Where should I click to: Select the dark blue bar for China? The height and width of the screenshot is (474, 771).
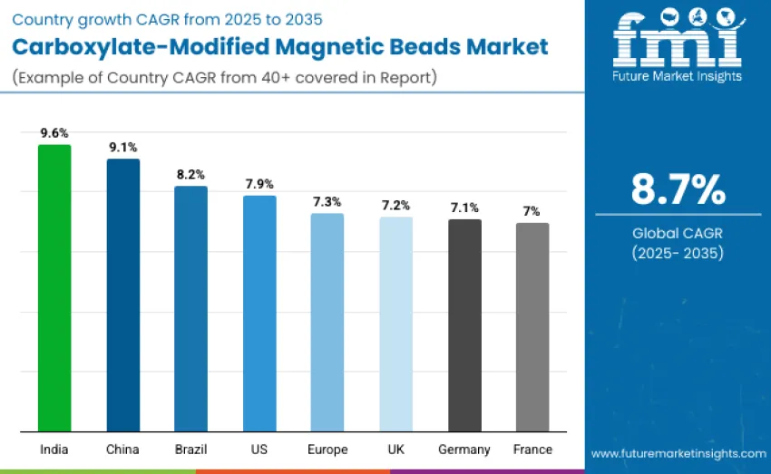coord(123,295)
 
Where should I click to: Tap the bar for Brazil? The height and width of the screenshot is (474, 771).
coord(191,308)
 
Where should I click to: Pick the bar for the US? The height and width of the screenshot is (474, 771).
coord(259,313)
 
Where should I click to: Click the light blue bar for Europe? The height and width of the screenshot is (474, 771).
coord(327,322)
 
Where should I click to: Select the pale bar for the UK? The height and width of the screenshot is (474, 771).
coord(395,324)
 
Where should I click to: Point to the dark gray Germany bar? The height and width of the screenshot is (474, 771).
coord(464,324)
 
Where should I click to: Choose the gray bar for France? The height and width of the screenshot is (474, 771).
coord(532,326)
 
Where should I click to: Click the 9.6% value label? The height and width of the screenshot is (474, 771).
coord(54,132)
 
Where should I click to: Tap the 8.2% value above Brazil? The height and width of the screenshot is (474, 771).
coord(191,174)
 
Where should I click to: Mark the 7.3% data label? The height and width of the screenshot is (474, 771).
coord(327,201)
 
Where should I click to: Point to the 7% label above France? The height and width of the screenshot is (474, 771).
coord(532,210)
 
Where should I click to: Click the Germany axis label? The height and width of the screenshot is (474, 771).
coord(464,450)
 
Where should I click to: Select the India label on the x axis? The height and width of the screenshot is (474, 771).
coord(54,450)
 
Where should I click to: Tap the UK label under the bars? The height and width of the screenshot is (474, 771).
coord(395,450)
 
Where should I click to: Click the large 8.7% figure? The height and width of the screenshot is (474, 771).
coord(678,190)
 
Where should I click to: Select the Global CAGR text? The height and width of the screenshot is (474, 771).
coord(678,234)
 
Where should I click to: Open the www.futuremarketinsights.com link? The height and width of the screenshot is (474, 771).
coord(678,453)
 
